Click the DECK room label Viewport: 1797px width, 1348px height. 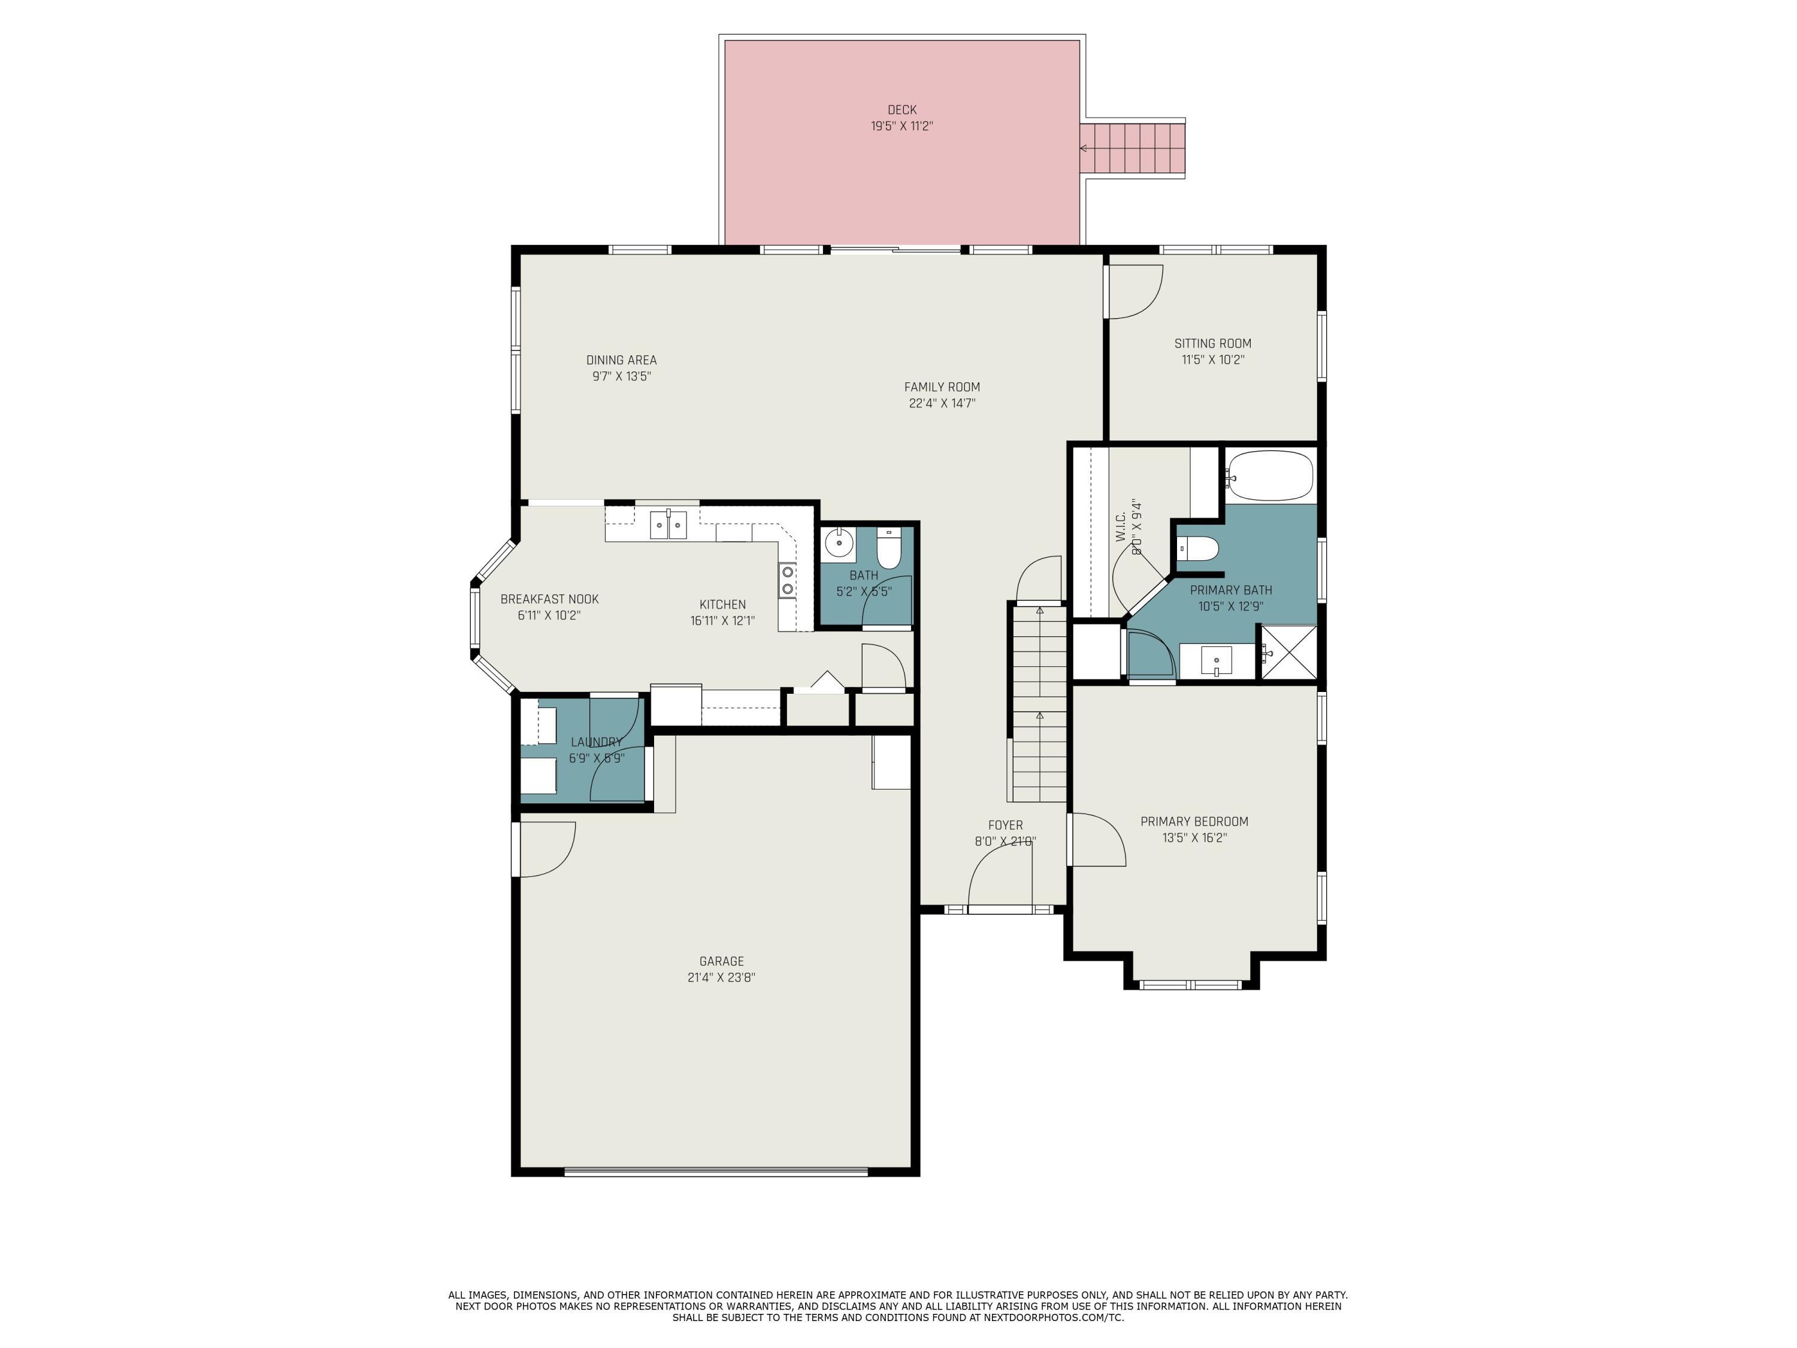click(901, 110)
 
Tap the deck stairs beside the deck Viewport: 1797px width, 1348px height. click(1133, 149)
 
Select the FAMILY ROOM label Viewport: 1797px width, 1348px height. click(942, 387)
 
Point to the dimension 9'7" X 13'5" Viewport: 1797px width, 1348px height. click(622, 376)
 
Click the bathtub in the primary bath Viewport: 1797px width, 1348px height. click(1270, 476)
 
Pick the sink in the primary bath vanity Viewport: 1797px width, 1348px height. click(1216, 660)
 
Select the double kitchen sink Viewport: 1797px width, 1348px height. click(668, 525)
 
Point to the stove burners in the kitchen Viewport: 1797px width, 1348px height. click(787, 580)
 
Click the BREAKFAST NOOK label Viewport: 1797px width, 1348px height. click(549, 599)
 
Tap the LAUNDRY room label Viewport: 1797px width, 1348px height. click(596, 742)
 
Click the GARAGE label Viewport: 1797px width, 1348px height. click(721, 961)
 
